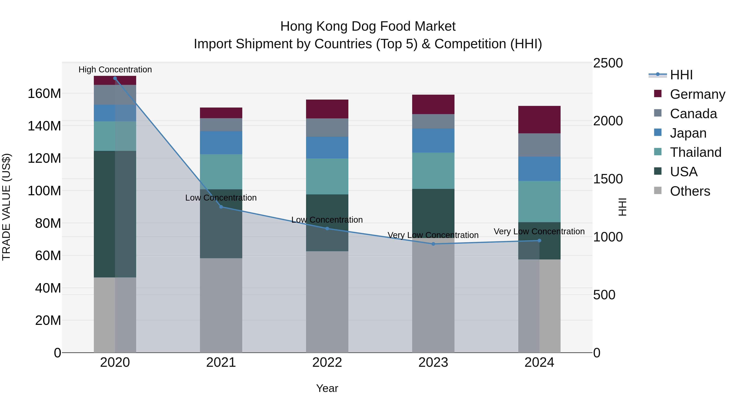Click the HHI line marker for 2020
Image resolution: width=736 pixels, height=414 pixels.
pos(115,78)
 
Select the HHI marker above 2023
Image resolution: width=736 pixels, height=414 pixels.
pos(433,244)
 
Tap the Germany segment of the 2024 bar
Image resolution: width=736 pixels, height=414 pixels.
pos(539,119)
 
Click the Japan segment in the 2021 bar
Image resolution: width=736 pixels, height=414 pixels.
pos(221,142)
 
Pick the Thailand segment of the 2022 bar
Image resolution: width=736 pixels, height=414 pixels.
pos(327,176)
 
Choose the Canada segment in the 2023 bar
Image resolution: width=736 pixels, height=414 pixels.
pos(433,121)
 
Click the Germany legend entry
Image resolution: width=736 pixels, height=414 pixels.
pos(697,94)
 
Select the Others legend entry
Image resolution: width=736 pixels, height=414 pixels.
pos(690,191)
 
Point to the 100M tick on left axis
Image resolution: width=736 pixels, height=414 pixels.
pos(44,191)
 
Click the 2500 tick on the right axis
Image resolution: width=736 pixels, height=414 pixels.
pos(608,63)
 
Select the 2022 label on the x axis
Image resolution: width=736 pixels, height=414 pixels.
pos(327,362)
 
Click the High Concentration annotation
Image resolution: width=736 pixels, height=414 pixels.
pos(115,70)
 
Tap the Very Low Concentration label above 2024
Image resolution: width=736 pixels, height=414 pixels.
pos(539,231)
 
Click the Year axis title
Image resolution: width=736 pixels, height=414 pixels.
pos(327,388)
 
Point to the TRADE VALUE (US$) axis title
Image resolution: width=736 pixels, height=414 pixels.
pos(6,207)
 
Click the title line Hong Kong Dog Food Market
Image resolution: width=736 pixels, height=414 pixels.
pos(368,26)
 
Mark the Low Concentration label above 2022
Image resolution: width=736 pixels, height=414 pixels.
pos(327,220)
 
